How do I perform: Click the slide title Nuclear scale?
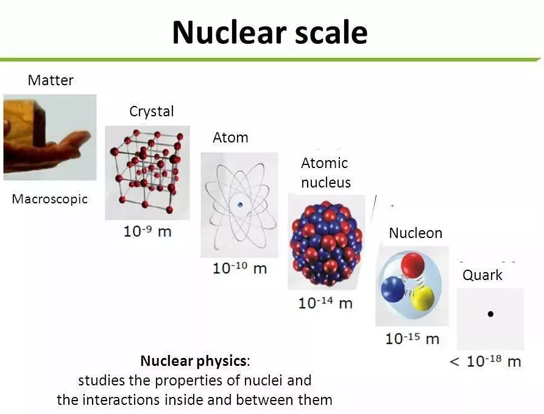pyautogui.click(x=270, y=32)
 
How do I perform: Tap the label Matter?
pyautogui.click(x=51, y=80)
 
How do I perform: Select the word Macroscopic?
pyautogui.click(x=49, y=199)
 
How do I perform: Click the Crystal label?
pyautogui.click(x=151, y=111)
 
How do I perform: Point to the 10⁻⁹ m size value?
pyautogui.click(x=147, y=231)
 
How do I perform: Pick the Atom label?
pyautogui.click(x=230, y=138)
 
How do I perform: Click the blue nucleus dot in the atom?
pyautogui.click(x=240, y=205)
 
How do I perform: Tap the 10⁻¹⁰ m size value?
pyautogui.click(x=240, y=268)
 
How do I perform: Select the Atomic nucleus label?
pyautogui.click(x=325, y=173)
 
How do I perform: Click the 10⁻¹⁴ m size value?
pyautogui.click(x=325, y=303)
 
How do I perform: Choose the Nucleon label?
pyautogui.click(x=415, y=233)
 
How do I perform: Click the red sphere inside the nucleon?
pyautogui.click(x=412, y=264)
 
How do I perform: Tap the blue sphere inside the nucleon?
pyautogui.click(x=393, y=289)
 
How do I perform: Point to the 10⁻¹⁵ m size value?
pyautogui.click(x=412, y=339)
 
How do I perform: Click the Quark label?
pyautogui.click(x=482, y=275)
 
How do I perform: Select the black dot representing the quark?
pyautogui.click(x=490, y=314)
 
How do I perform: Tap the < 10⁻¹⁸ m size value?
pyautogui.click(x=486, y=361)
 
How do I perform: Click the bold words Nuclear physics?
pyautogui.click(x=193, y=361)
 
